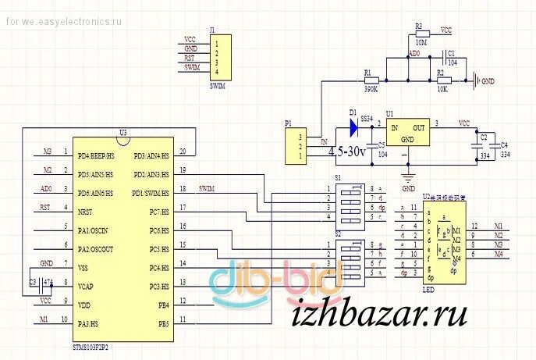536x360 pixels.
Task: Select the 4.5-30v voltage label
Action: tap(346, 152)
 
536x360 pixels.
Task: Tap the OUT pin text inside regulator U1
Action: tap(419, 128)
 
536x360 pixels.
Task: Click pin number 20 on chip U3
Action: tap(183, 151)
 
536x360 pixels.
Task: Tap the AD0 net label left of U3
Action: tap(46, 189)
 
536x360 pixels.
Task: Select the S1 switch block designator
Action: tap(338, 178)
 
